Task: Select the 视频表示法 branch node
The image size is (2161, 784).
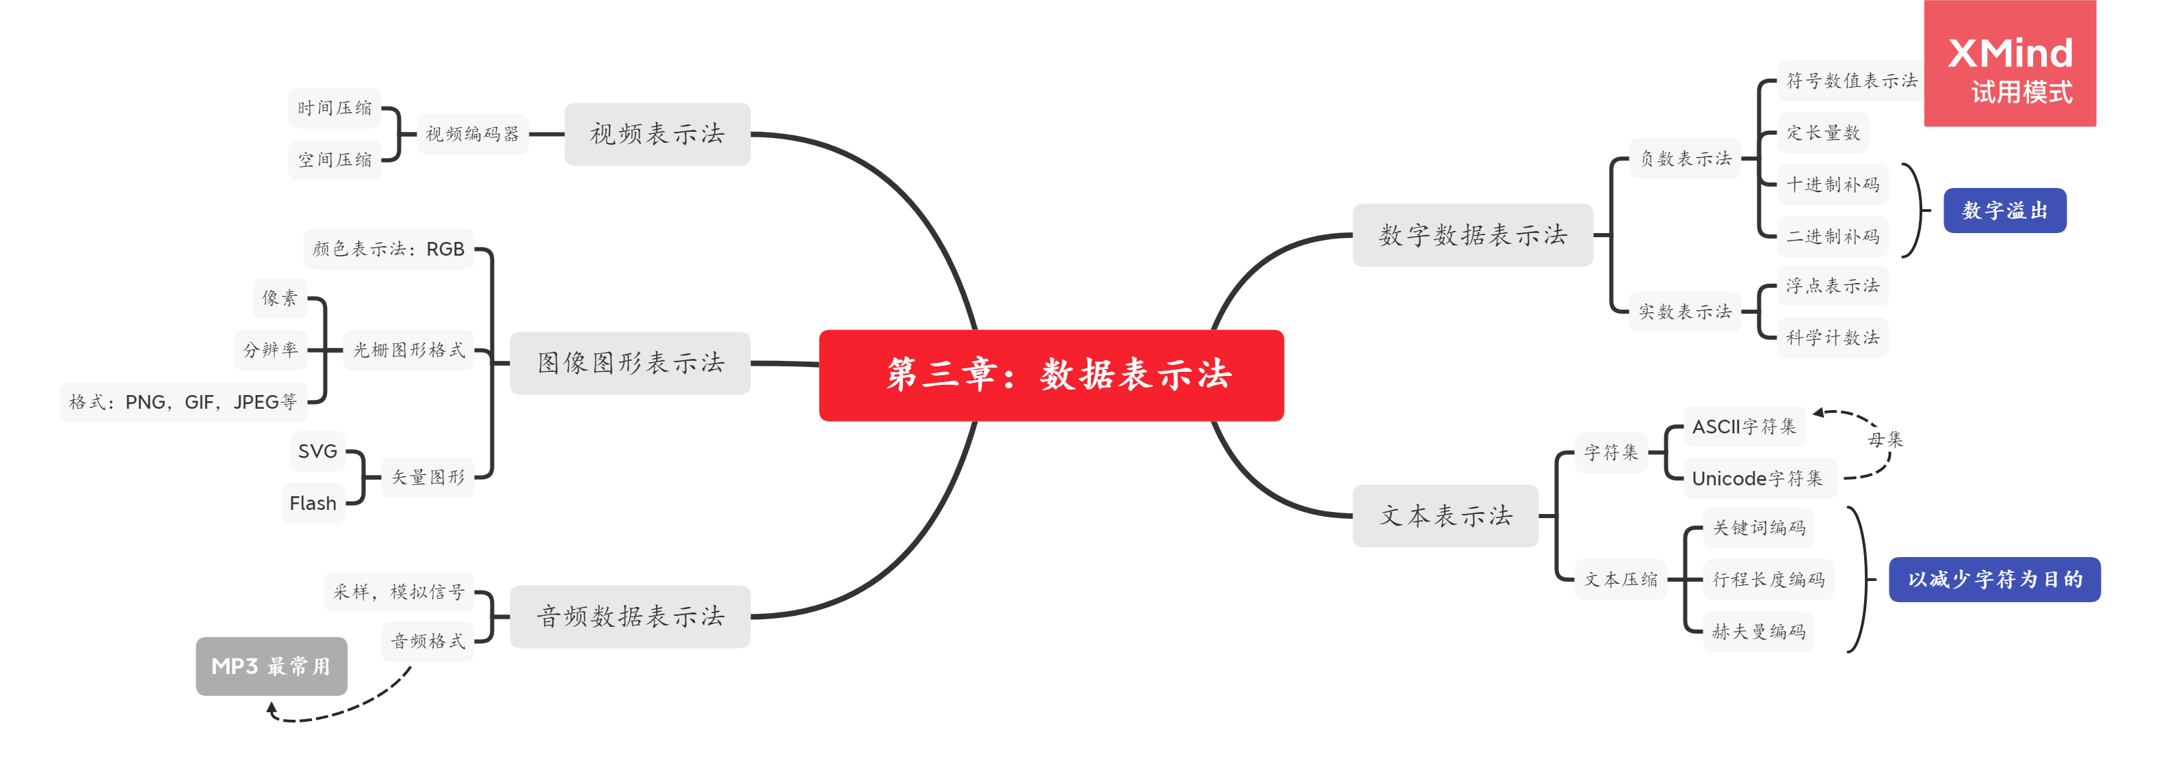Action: [x=657, y=134]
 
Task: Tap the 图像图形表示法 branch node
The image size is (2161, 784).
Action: [x=630, y=363]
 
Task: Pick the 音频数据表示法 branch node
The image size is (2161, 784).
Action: [x=630, y=617]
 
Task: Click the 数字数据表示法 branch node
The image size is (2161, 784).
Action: [x=1472, y=234]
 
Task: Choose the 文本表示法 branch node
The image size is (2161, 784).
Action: [x=1445, y=515]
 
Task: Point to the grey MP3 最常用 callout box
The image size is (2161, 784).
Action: [x=271, y=666]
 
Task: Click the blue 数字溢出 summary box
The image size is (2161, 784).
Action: [x=2004, y=211]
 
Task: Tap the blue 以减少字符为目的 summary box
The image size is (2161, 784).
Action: [x=1994, y=580]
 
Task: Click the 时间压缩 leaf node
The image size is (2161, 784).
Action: [x=335, y=108]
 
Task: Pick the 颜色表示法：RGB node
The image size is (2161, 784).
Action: [x=389, y=249]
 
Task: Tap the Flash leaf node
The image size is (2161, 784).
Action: [x=313, y=503]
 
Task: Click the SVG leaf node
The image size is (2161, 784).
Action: [x=317, y=451]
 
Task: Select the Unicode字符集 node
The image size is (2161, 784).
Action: [x=1757, y=478]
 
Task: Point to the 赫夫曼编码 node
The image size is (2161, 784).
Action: [x=1758, y=632]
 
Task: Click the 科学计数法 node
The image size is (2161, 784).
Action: [x=1832, y=338]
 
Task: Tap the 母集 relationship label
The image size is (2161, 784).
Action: [x=1885, y=440]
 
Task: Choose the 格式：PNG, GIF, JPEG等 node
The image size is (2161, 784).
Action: [x=183, y=403]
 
